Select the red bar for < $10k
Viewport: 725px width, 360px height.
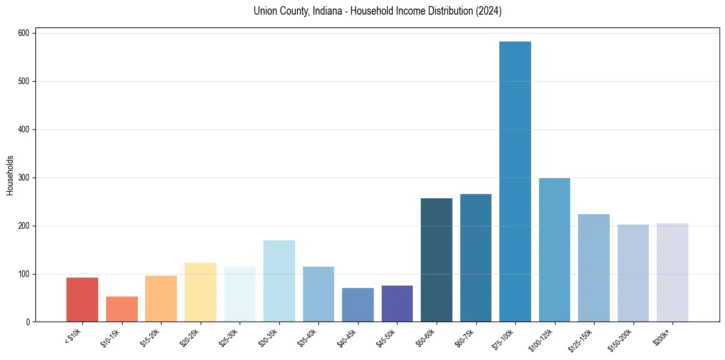[x=82, y=300]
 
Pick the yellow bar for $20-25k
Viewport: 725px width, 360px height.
[x=201, y=292]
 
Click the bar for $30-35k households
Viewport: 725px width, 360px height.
[x=279, y=281]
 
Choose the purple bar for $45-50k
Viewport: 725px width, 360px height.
[x=397, y=304]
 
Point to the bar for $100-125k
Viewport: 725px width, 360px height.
[x=554, y=250]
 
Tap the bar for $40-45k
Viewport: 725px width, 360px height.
[x=358, y=305]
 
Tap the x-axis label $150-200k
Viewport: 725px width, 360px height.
[x=621, y=339]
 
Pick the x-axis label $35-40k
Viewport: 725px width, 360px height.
[x=308, y=336]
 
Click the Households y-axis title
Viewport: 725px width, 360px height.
[x=10, y=175]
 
